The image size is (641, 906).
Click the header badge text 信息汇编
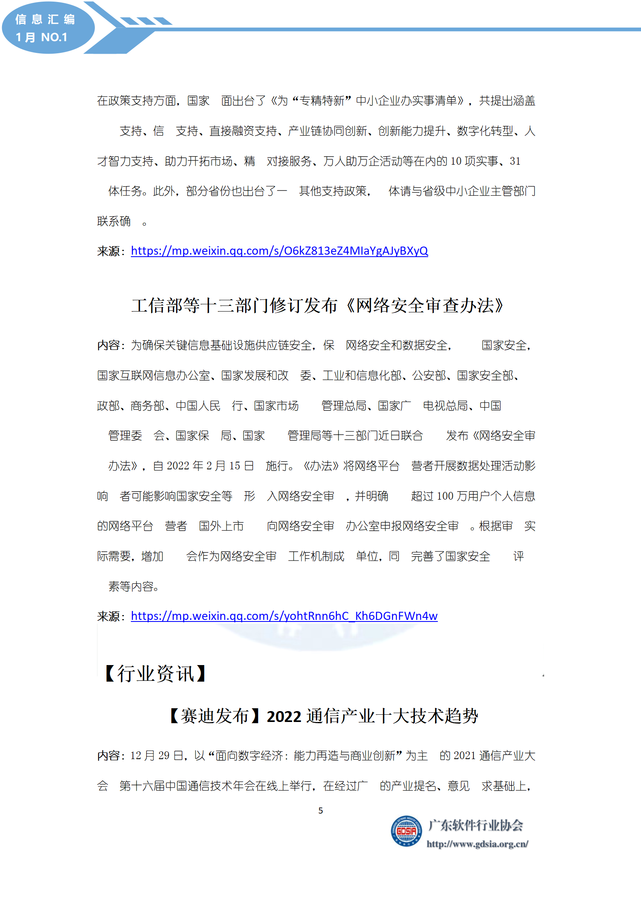coord(45,19)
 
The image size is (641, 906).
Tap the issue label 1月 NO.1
coord(41,37)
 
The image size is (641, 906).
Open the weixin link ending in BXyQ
coord(279,251)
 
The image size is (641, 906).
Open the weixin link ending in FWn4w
coord(284,616)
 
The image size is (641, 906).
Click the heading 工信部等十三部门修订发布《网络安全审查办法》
coord(317,305)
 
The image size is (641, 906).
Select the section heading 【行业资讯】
coord(156,674)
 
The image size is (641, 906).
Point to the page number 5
coord(321,811)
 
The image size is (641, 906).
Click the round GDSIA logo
coord(406,831)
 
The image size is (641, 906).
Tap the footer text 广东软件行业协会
coord(475,825)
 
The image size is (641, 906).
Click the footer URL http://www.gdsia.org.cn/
coord(477,844)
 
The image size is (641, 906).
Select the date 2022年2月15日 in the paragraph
coord(210,466)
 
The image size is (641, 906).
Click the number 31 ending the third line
coord(515,161)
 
